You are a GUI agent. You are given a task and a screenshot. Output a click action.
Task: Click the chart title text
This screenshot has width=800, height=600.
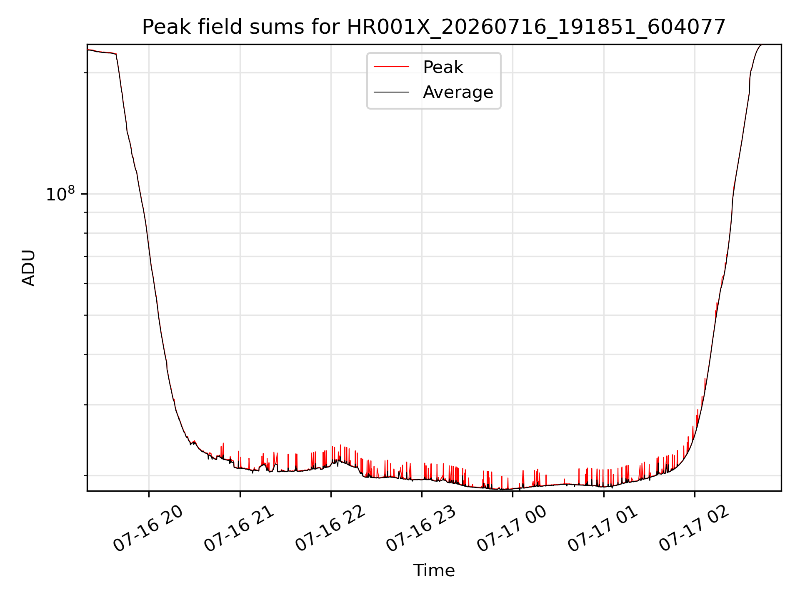[434, 27]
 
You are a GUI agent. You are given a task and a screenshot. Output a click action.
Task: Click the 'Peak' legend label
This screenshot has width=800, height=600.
[443, 67]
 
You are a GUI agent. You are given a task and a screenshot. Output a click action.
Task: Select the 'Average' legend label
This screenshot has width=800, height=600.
[458, 92]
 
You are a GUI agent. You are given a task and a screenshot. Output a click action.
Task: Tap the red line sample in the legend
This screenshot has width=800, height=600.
[391, 67]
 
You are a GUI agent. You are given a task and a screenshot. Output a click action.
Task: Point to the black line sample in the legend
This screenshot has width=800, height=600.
[391, 92]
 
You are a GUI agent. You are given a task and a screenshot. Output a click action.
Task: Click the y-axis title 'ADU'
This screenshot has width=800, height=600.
[28, 268]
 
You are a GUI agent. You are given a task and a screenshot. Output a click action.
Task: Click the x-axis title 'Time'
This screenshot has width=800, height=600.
[434, 570]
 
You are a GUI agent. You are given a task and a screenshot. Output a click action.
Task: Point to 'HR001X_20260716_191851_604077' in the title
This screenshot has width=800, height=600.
[537, 27]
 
